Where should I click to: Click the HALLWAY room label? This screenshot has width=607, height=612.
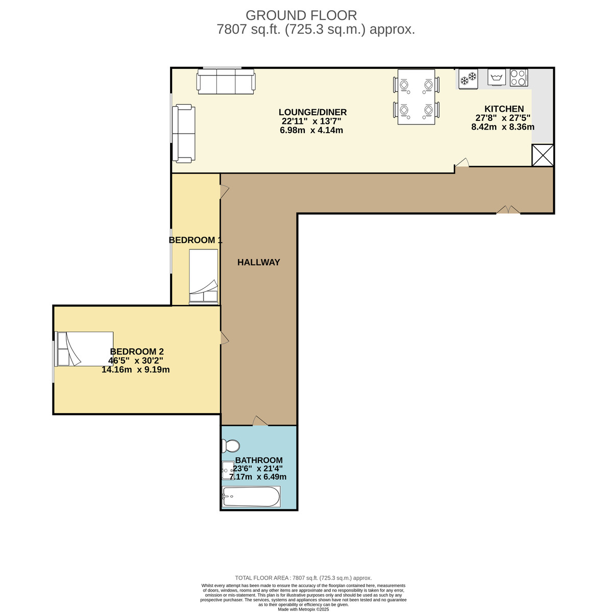click(258, 262)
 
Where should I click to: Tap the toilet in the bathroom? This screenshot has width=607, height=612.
click(231, 446)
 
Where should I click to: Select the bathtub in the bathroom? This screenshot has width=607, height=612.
click(251, 497)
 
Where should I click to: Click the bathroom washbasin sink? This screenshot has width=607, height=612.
click(228, 470)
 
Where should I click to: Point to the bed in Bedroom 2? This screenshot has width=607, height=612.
click(84, 349)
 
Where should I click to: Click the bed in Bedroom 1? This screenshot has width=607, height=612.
click(204, 276)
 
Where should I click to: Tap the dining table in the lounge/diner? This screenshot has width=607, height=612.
click(416, 97)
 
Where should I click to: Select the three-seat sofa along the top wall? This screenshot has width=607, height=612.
click(226, 82)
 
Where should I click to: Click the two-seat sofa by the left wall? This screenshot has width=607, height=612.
click(183, 134)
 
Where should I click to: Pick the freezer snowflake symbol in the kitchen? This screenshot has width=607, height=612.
click(468, 78)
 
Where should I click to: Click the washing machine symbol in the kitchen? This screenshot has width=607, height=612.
click(496, 78)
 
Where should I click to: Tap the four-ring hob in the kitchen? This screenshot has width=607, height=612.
click(518, 78)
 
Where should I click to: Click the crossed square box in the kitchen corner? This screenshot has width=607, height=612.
click(543, 155)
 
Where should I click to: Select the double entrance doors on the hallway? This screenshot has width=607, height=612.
click(508, 210)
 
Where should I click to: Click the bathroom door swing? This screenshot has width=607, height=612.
click(260, 420)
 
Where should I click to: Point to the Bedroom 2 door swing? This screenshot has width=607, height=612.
click(224, 338)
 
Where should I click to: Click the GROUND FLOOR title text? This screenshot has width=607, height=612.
click(301, 15)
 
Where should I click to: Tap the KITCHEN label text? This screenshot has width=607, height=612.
click(504, 109)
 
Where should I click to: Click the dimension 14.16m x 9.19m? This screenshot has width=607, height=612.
click(135, 370)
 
